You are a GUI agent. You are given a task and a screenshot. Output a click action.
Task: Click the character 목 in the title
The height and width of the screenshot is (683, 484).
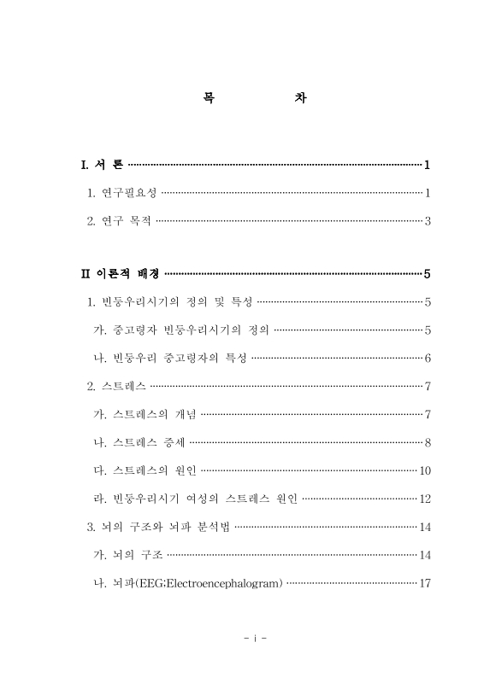[x=209, y=99]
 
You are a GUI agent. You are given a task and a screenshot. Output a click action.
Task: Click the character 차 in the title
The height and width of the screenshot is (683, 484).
[x=300, y=99]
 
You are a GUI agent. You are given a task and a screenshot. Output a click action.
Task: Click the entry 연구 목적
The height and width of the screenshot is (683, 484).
[x=124, y=222]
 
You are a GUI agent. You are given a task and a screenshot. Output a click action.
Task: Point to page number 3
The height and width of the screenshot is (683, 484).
[x=426, y=222]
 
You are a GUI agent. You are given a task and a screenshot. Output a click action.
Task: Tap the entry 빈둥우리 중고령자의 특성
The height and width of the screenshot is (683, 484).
[x=180, y=358]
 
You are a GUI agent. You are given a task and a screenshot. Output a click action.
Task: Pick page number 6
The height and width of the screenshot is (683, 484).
[x=426, y=358]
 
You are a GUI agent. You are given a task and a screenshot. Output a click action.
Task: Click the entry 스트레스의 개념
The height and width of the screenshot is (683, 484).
[x=155, y=415]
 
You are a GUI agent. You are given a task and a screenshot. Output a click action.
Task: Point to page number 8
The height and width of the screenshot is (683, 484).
[x=426, y=442]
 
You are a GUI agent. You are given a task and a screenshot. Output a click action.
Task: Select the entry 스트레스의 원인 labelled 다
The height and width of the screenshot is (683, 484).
[x=155, y=470]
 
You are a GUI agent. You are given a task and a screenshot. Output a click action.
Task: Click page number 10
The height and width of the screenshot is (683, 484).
[x=423, y=470]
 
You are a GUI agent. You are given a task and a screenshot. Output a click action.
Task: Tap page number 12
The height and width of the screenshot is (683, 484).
[x=423, y=499]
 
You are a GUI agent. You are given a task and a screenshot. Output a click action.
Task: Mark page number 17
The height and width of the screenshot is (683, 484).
[x=423, y=584]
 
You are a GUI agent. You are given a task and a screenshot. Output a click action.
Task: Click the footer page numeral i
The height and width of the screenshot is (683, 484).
[x=256, y=637]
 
